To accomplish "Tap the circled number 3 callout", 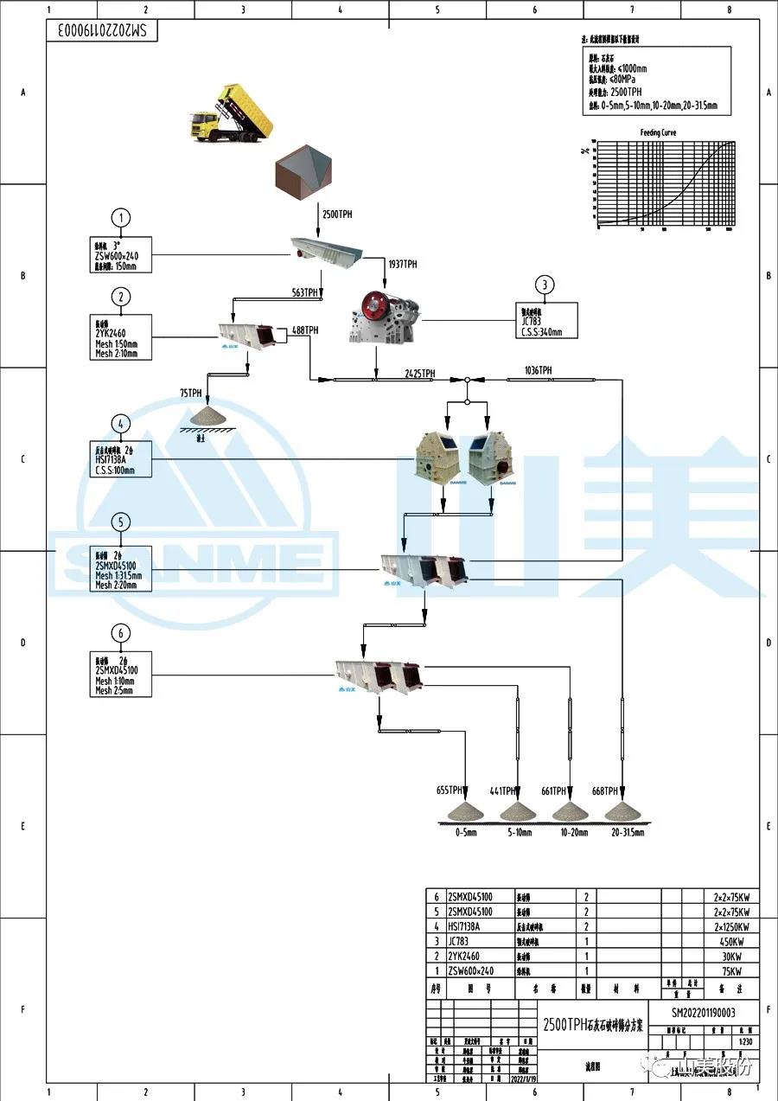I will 544,285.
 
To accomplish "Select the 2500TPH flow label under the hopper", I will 337,214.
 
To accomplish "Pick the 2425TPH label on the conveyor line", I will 420,374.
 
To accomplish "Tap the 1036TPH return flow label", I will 538,370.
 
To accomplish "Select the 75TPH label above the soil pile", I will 190,393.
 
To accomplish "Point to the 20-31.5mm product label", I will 625,833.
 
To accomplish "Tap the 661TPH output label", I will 553,791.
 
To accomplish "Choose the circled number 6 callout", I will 121,634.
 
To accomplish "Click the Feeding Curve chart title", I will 658,132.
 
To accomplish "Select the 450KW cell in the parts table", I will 730,941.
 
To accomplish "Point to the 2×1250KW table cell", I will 730,926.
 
